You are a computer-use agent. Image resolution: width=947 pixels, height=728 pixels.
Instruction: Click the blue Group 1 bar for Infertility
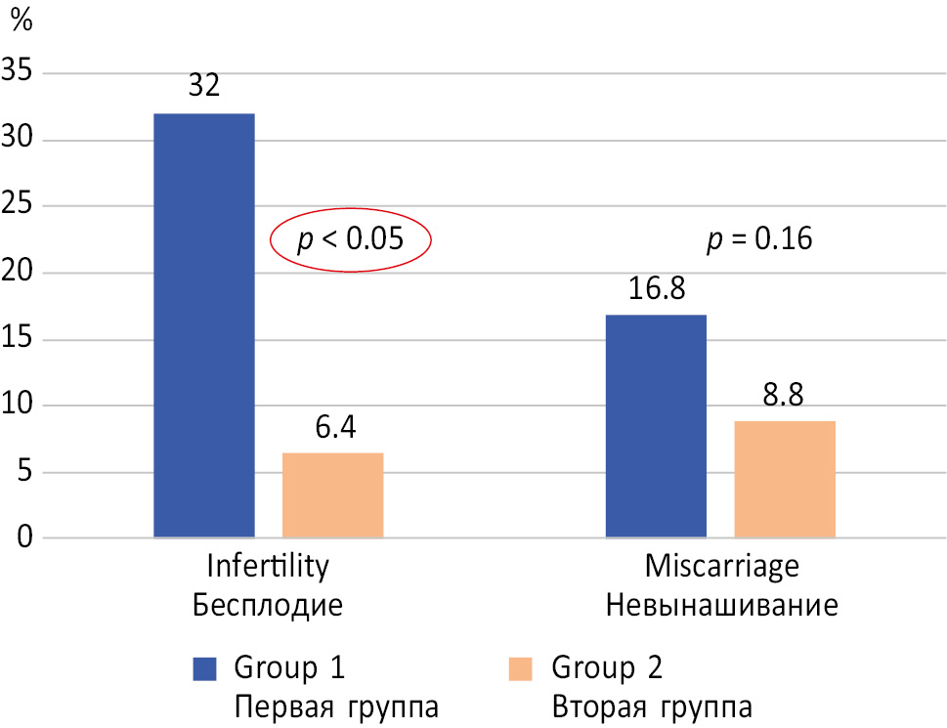pos(204,325)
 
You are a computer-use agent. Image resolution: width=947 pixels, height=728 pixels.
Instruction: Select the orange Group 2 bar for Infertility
pos(332,495)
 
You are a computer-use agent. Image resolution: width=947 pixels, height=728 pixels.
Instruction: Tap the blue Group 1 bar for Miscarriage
pos(656,426)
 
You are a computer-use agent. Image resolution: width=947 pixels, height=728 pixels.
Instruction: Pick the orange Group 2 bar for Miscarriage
pos(785,479)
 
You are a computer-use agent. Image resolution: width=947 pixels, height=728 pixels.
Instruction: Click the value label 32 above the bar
pos(203,85)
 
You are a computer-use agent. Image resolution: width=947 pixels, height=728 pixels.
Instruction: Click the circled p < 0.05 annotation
pos(349,238)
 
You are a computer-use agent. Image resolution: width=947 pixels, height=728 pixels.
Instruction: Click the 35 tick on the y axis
pos(19,72)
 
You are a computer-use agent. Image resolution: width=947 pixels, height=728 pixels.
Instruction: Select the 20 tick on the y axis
pos(19,273)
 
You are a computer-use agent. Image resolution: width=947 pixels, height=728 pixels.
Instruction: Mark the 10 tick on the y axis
pos(19,406)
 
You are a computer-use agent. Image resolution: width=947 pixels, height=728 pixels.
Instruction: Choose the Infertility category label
pos(267,568)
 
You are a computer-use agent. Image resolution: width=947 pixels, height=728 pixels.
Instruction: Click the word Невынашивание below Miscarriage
pos(721,605)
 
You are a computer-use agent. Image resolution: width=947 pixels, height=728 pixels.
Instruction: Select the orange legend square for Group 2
pos(521,668)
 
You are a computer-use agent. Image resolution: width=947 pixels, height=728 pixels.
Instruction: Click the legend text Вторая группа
pos(652,706)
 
